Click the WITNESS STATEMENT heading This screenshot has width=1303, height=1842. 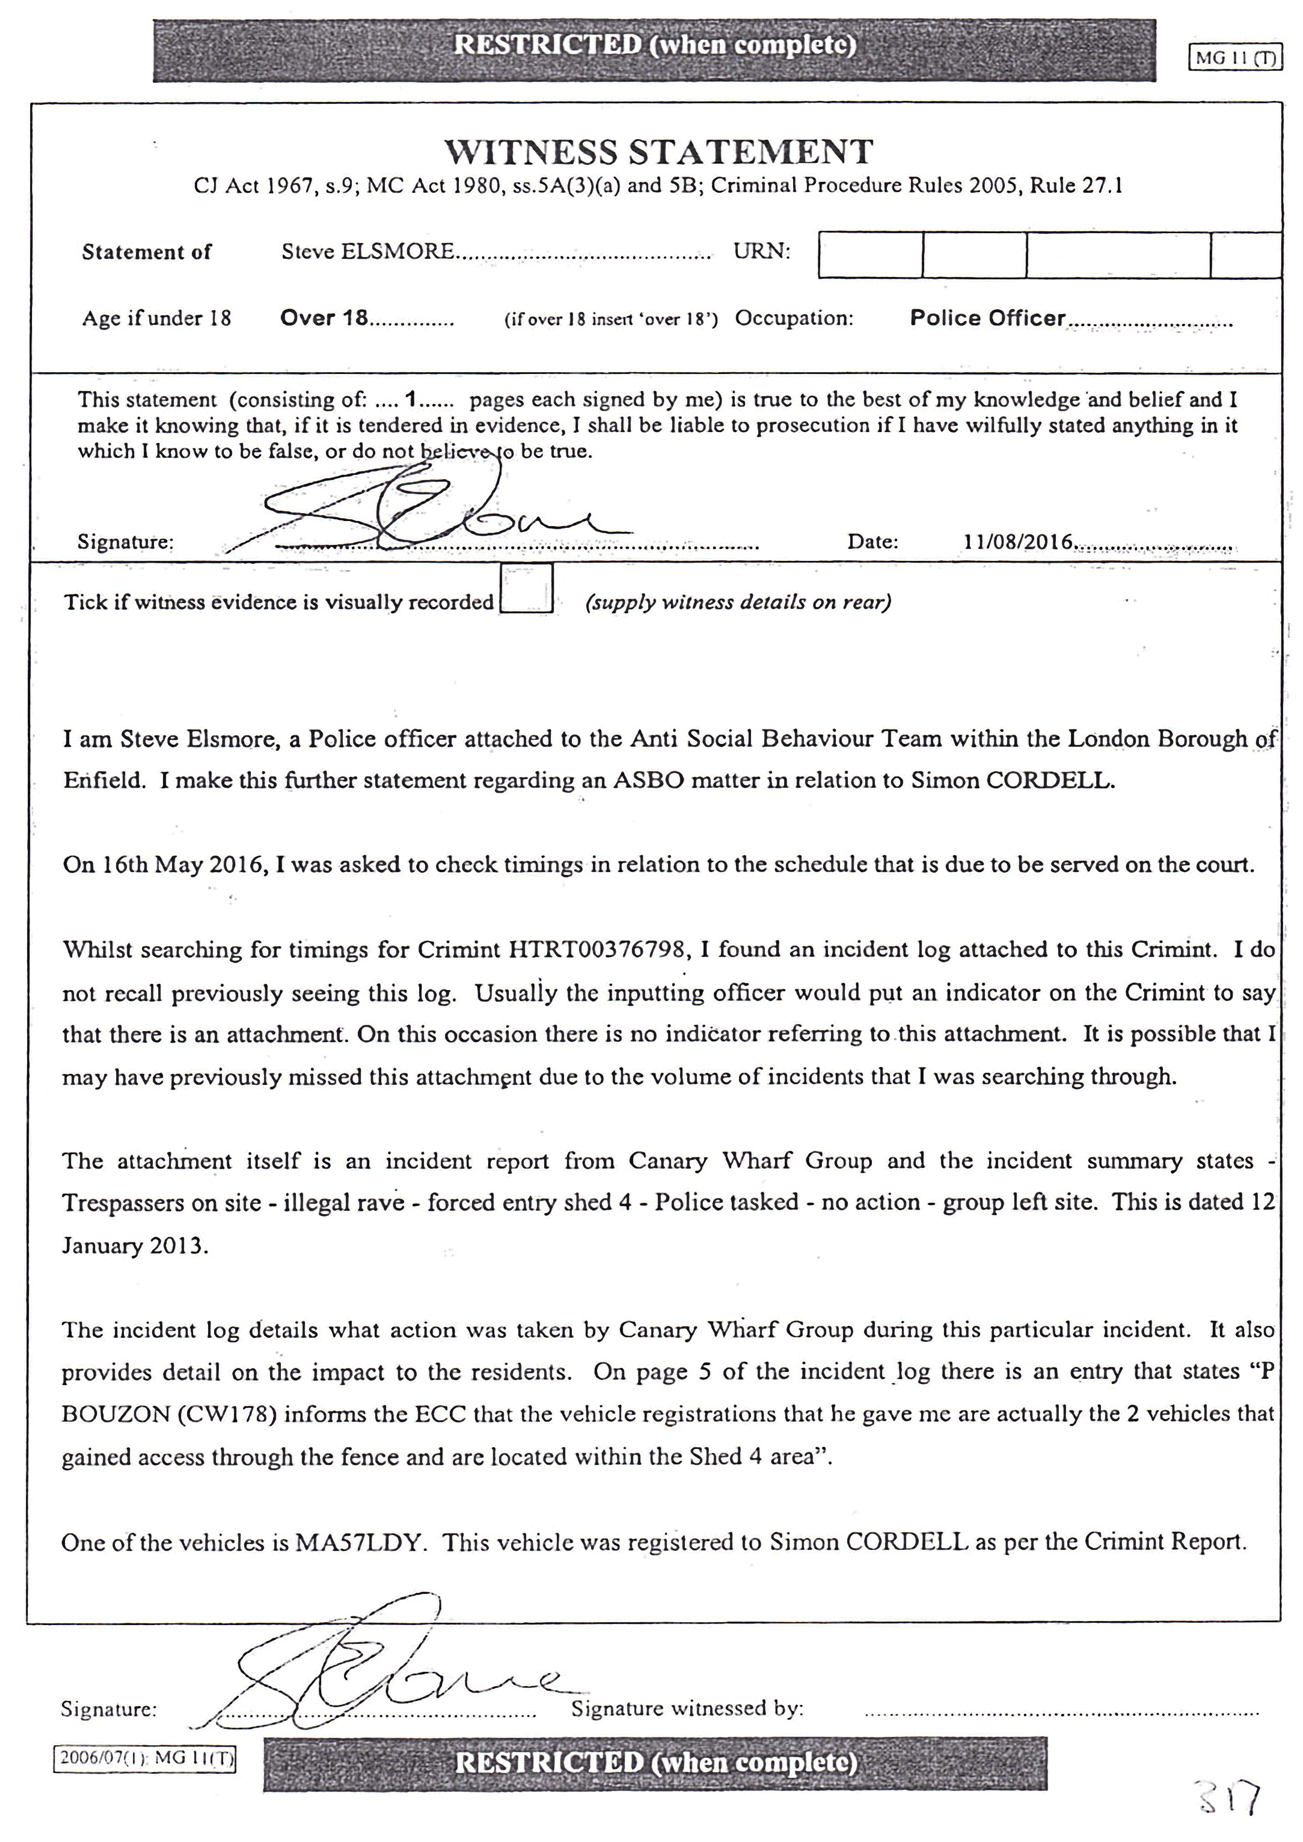tap(658, 152)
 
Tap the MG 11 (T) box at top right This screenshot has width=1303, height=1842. tap(1235, 58)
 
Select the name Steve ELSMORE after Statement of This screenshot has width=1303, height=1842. tap(368, 252)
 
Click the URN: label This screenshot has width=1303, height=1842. tap(762, 252)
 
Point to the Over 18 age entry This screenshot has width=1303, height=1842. tap(324, 319)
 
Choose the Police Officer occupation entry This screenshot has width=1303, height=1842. tap(987, 319)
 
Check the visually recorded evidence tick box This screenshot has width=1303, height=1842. tap(526, 589)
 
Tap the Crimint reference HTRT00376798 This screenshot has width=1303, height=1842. tap(598, 950)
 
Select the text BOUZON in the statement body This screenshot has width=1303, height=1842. tap(103, 1414)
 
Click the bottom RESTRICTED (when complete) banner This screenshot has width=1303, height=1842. tap(655, 1763)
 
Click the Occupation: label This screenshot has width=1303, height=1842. tap(794, 319)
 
